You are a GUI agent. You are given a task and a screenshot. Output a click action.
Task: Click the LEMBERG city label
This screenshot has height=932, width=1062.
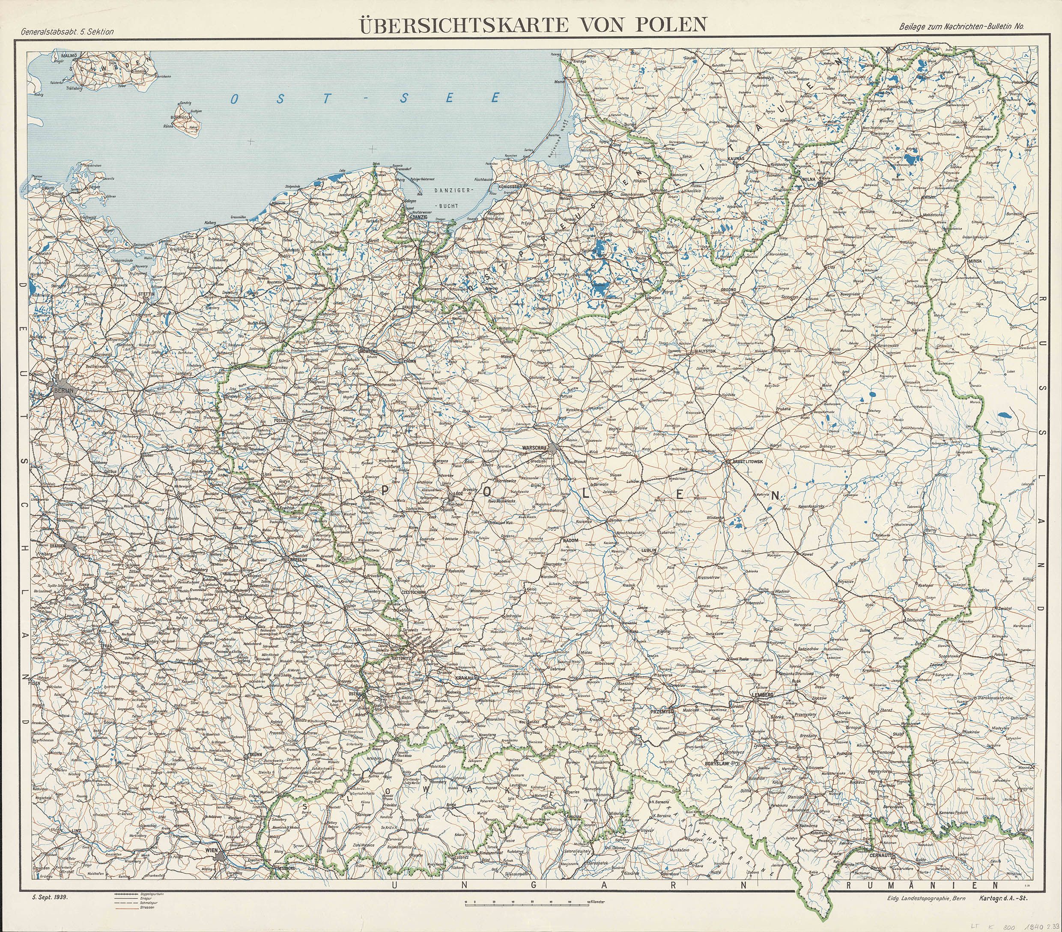point(763,694)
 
